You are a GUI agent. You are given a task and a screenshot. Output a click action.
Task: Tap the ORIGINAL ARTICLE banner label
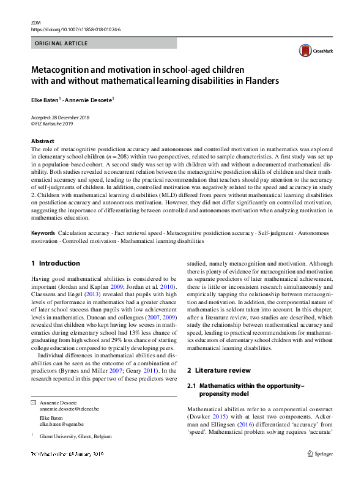pyautogui.click(x=61, y=43)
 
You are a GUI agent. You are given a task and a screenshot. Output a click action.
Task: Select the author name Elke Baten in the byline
pyautogui.click(x=46, y=99)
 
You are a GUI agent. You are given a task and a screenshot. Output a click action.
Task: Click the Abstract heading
pyautogui.click(x=43, y=141)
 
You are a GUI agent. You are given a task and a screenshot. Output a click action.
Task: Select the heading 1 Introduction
pyautogui.click(x=56, y=263)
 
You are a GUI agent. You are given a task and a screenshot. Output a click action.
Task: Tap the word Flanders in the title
pyautogui.click(x=258, y=81)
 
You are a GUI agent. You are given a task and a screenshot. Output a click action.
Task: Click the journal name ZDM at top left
pyautogui.click(x=35, y=22)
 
